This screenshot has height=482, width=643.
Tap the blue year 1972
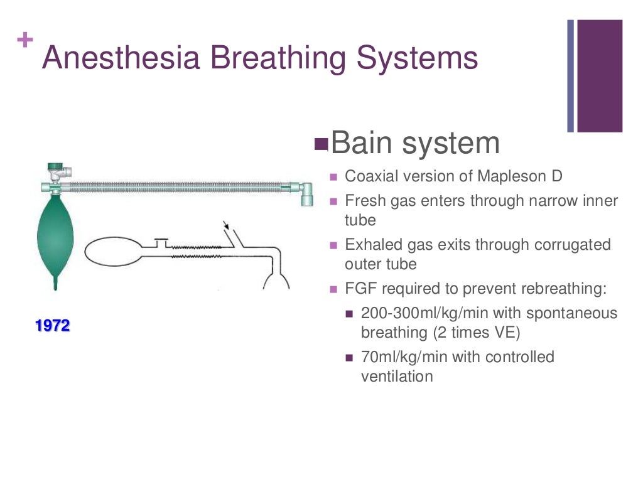[53, 326]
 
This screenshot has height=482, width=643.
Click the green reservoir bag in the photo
[55, 238]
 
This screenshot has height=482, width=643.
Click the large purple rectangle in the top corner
[600, 75]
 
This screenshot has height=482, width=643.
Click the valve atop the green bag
[58, 170]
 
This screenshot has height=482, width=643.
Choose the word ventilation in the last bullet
[397, 377]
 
